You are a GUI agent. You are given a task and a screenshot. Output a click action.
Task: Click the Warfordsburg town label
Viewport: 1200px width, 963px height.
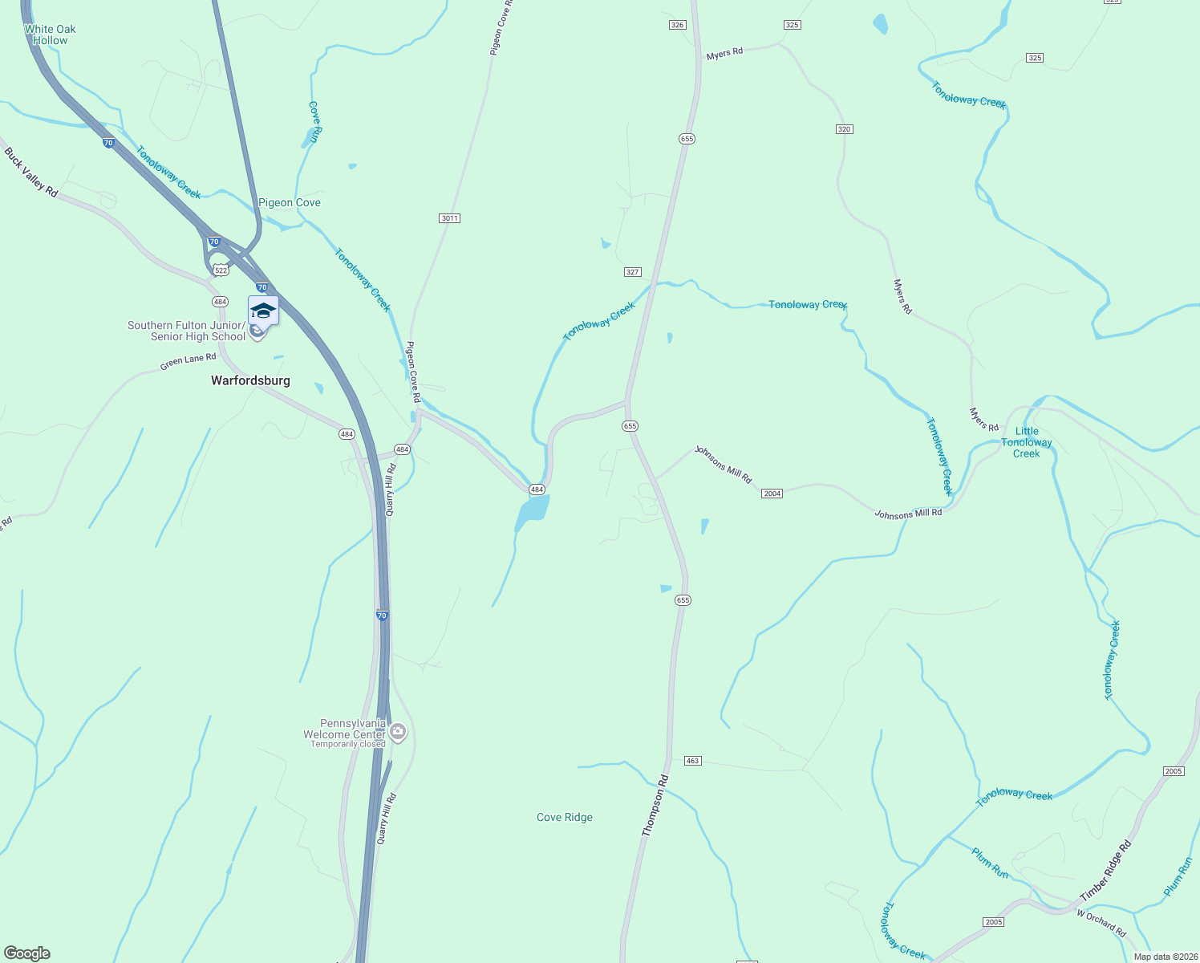[x=250, y=380]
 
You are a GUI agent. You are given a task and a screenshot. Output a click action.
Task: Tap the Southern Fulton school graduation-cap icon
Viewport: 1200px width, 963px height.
[x=263, y=311]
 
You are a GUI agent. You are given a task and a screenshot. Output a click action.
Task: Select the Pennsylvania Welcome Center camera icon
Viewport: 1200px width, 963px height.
[x=398, y=732]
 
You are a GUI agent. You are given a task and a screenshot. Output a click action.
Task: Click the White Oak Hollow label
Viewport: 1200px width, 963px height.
[x=50, y=35]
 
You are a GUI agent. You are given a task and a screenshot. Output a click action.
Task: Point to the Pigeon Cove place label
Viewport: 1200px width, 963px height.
[x=290, y=202]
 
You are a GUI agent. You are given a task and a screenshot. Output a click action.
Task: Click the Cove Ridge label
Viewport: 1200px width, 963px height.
[x=565, y=817]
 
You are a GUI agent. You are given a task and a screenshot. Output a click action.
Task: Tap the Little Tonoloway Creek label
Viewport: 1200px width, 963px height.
[x=1026, y=442]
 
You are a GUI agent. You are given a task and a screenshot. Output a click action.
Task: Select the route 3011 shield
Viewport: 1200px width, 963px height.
[x=449, y=218]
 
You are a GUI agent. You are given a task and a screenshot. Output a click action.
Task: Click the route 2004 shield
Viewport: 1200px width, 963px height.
[x=772, y=494]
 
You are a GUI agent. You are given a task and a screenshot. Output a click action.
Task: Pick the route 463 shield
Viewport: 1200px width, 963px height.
[x=692, y=760]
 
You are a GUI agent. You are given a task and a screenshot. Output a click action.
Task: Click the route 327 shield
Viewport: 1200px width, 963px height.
[x=632, y=272]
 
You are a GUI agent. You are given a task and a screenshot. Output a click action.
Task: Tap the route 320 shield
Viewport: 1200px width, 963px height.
[x=843, y=129]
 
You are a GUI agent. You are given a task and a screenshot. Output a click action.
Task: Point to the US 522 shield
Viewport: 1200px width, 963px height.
[x=221, y=270]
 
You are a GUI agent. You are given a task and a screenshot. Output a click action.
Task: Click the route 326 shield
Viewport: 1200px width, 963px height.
[x=677, y=25]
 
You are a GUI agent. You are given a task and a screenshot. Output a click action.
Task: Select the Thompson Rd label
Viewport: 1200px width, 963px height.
[x=655, y=805]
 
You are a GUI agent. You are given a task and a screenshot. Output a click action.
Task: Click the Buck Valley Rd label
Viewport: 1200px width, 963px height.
[x=31, y=172]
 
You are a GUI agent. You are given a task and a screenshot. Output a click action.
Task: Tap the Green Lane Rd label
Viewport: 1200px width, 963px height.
[x=188, y=362]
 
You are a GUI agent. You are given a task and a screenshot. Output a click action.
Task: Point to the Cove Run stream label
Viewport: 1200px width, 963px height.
[x=315, y=121]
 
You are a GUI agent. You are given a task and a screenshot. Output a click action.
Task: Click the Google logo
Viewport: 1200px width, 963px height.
[x=27, y=953]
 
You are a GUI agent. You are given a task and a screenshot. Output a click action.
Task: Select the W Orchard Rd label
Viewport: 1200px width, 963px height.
[x=1101, y=924]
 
